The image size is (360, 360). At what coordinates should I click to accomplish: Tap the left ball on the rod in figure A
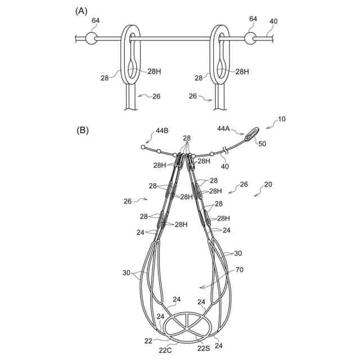click(91, 39)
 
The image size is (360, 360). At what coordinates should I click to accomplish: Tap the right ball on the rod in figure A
click(251, 39)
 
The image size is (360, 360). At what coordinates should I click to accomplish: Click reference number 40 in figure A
click(273, 22)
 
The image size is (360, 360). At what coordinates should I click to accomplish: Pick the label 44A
click(224, 129)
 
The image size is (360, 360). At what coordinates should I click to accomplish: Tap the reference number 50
click(262, 143)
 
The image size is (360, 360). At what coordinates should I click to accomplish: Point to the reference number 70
click(239, 270)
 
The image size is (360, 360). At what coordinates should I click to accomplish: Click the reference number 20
click(268, 184)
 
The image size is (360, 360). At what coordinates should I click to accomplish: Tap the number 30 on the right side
click(238, 254)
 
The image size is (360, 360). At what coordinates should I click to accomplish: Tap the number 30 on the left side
click(127, 273)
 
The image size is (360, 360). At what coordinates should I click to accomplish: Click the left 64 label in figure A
click(96, 20)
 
